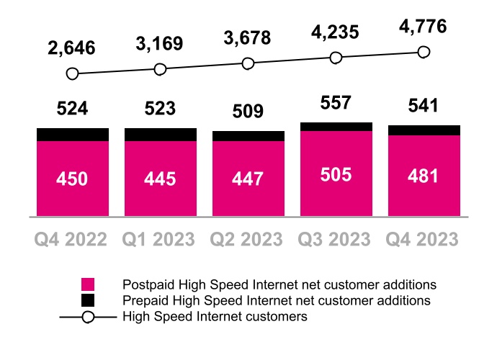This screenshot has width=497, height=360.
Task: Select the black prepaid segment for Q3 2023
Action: pos(336,127)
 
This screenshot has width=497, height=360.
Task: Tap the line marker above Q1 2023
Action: pos(160,69)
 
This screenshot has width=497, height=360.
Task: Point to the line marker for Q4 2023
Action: pos(424,52)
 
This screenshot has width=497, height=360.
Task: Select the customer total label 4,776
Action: pos(422,27)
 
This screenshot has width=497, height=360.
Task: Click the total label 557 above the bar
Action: pos(336,103)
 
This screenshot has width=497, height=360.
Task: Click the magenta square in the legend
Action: pos(88,284)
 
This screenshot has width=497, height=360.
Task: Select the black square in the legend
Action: pos(88,300)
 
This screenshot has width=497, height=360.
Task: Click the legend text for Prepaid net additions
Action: pos(277,300)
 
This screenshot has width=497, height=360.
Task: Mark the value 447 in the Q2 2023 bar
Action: pos(248,179)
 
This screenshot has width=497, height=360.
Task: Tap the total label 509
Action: pos(248,112)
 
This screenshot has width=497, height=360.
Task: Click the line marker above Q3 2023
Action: pos(336,58)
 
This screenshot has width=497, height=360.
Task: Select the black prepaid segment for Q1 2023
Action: pos(160,135)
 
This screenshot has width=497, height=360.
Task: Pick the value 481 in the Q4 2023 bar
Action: pos(424,176)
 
